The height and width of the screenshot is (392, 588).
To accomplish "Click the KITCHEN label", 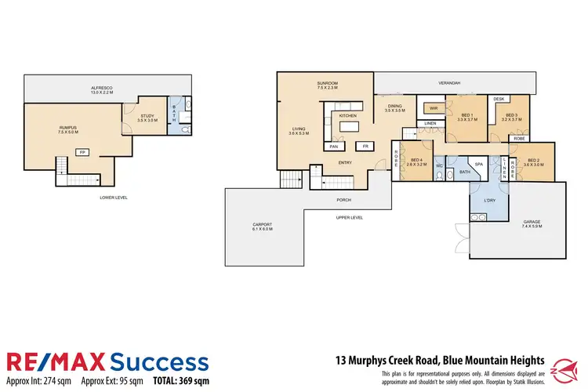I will [347, 115].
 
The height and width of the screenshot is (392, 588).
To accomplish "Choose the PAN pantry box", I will [334, 147].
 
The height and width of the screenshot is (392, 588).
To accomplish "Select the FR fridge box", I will [365, 147].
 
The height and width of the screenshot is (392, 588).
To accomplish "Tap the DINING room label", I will [394, 108].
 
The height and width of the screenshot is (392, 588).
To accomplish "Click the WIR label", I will [432, 107].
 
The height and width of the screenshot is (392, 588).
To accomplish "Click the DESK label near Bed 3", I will [499, 100].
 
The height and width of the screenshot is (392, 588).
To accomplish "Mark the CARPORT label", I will [262, 226].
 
